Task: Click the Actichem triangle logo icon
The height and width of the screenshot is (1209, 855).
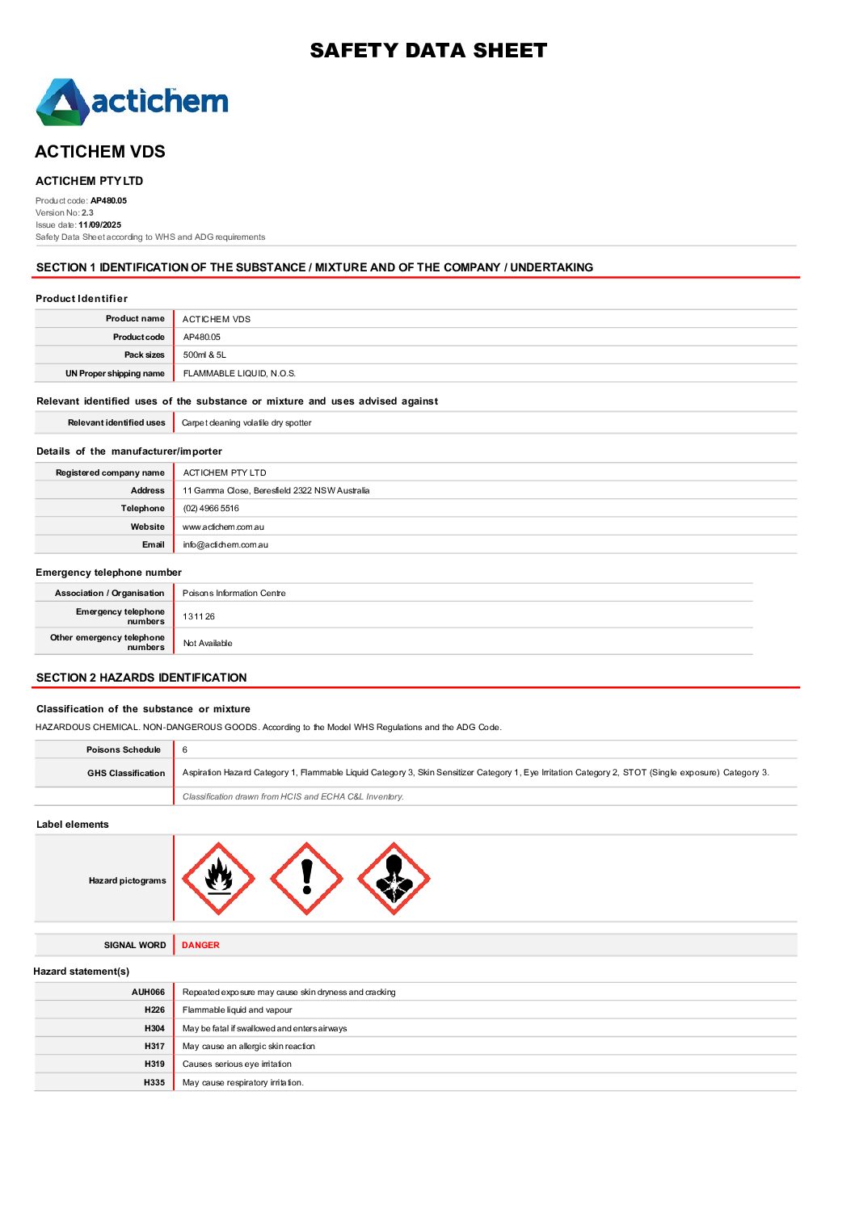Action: click(x=61, y=103)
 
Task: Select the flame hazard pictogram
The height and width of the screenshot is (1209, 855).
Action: click(x=218, y=879)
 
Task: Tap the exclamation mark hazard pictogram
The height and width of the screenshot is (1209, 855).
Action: click(x=306, y=879)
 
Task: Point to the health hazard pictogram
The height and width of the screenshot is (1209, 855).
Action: click(x=394, y=879)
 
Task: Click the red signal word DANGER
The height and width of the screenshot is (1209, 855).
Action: click(x=200, y=945)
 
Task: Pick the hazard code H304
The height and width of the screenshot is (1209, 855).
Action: click(x=154, y=1028)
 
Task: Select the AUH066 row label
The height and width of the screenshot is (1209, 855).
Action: click(x=148, y=992)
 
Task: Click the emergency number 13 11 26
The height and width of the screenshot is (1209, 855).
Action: click(x=199, y=616)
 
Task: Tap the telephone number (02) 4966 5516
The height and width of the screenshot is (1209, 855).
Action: click(x=211, y=508)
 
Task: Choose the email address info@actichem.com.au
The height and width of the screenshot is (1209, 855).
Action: click(x=225, y=544)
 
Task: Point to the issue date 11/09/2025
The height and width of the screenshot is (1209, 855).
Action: click(x=99, y=225)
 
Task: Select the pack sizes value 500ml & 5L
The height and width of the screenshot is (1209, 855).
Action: click(x=204, y=355)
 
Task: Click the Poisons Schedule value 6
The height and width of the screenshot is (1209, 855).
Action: click(x=185, y=749)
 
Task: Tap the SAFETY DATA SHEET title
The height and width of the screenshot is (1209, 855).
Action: click(x=428, y=51)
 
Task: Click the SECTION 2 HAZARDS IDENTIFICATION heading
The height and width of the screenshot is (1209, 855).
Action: click(x=141, y=678)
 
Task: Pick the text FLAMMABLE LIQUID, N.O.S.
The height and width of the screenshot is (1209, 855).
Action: click(x=239, y=373)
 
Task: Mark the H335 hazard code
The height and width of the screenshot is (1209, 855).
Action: click(x=154, y=1082)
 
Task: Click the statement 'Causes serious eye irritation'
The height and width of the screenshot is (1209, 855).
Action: click(x=237, y=1064)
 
